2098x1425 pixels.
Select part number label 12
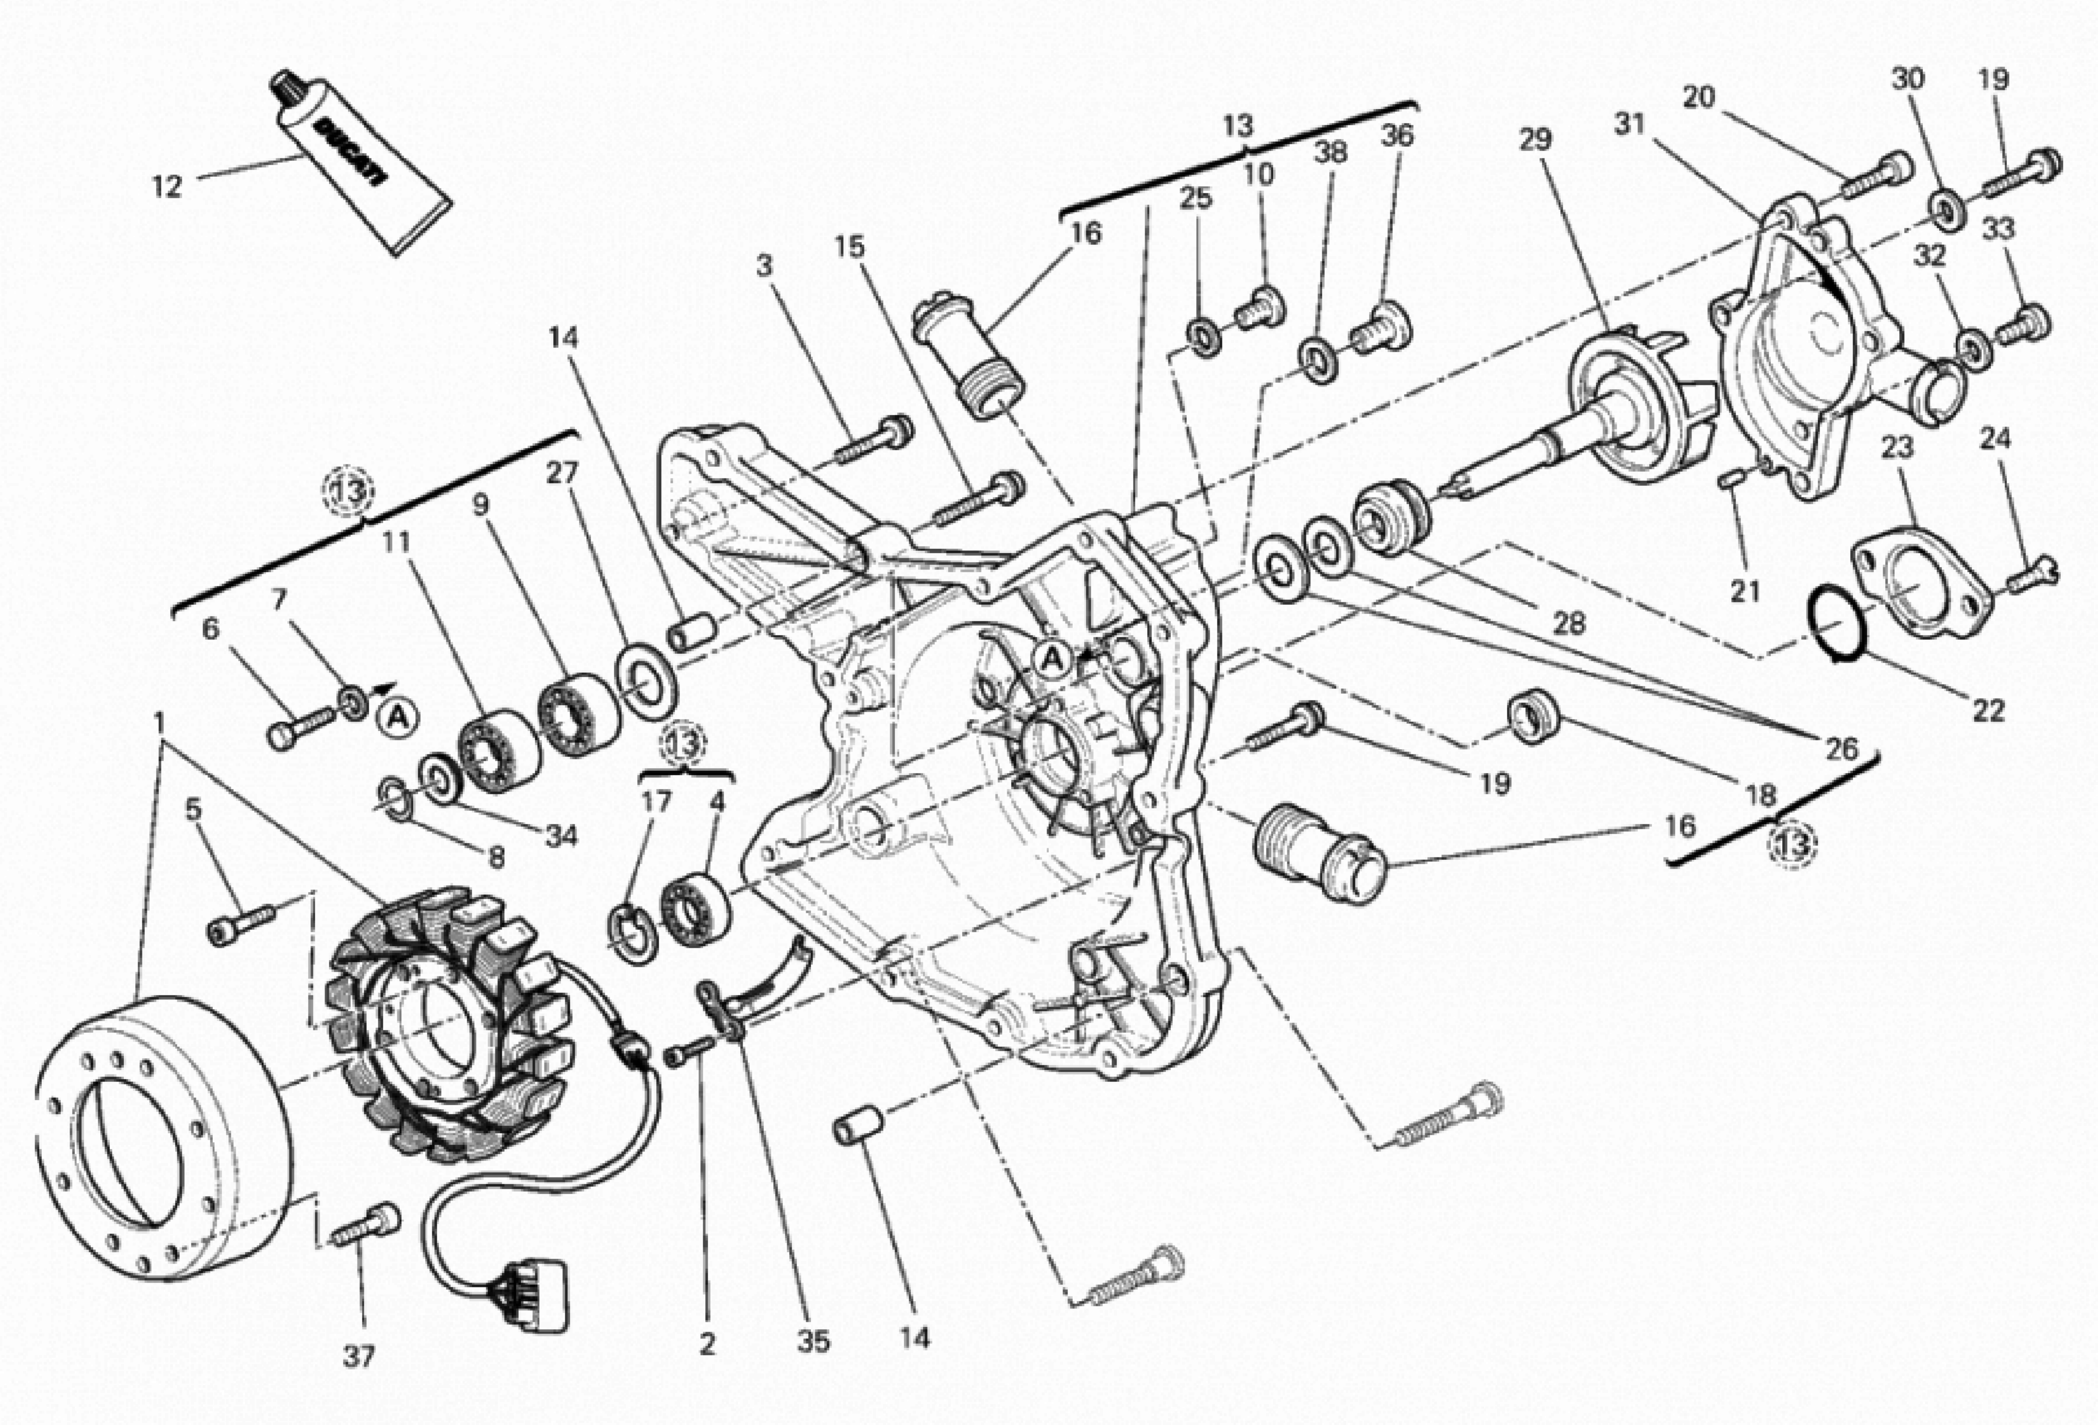click(167, 187)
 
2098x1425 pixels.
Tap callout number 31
click(1629, 124)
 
